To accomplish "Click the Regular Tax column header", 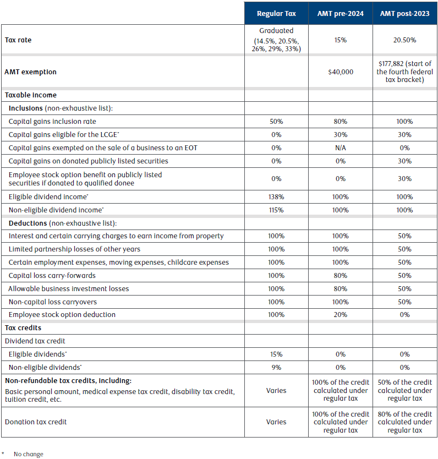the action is [276, 13].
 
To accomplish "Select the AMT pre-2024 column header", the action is [340, 13].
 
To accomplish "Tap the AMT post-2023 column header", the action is [404, 13].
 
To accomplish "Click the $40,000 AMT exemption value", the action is [341, 72].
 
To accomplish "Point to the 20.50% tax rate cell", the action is [404, 40].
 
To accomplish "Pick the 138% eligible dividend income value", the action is [276, 196].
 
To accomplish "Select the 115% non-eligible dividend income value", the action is [276, 210].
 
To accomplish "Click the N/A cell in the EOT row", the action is [341, 148].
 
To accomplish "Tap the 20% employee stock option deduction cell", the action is [341, 315].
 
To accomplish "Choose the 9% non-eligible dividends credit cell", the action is [276, 368].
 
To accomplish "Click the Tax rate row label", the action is [18, 40].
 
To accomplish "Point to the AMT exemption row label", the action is [30, 72].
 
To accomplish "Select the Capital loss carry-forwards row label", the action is [52, 276].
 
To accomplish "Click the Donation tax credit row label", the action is [36, 422].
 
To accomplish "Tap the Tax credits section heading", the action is [23, 328].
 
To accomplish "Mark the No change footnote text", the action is [29, 454].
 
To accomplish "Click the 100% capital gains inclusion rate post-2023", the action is [404, 122].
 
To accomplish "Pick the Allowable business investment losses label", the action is [68, 288].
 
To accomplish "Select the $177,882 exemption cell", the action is [404, 72].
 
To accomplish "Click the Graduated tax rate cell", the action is [276, 40].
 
